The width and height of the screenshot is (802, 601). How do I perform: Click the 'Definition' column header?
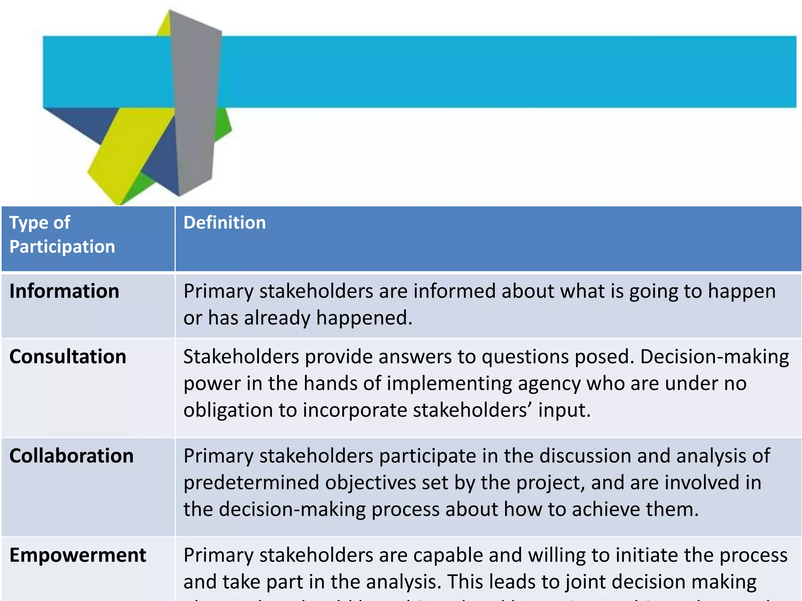[x=224, y=223]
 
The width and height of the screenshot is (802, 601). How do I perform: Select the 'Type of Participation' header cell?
[x=62, y=235]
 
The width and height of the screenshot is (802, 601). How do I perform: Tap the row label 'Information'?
[x=64, y=292]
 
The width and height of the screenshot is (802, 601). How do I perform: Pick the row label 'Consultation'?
[x=68, y=357]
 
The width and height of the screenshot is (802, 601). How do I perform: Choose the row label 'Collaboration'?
[x=71, y=456]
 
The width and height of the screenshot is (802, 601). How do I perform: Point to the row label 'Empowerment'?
[x=78, y=556]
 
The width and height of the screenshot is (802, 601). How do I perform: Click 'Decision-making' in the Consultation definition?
[x=714, y=357]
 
